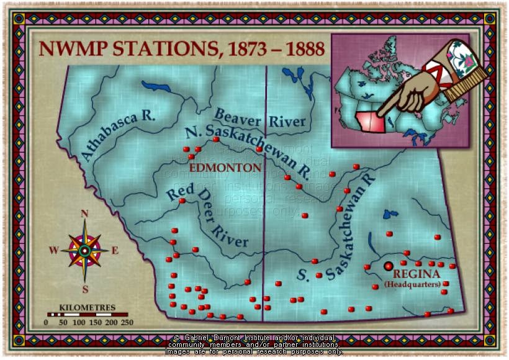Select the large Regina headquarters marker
pos(389,266)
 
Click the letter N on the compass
pos(85,214)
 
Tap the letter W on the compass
pos(53,251)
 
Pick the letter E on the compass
pos(115,251)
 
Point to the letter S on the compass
pos(85,288)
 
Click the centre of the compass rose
pos(84,251)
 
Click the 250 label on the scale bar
pos(127,322)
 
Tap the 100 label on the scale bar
pos(79,322)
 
